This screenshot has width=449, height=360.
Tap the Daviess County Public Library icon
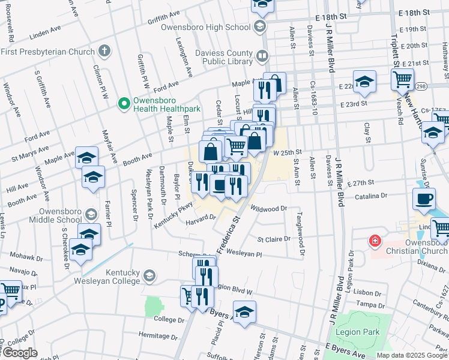point(262,57)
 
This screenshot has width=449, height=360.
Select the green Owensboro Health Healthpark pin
point(125,104)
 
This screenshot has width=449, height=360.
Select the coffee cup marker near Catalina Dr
point(424,199)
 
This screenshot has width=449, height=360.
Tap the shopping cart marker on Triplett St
point(402,78)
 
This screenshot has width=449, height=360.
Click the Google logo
point(20,353)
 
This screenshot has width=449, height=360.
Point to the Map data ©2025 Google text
point(411,355)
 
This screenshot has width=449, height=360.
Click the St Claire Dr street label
point(274,239)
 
